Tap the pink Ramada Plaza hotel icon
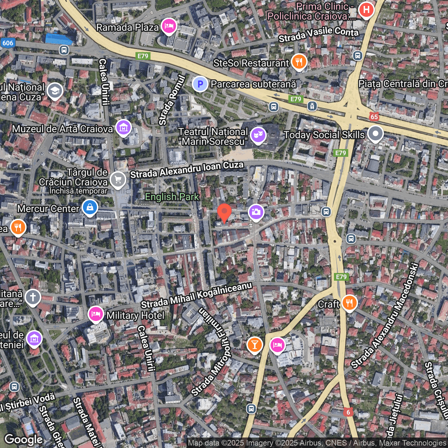(x=169, y=26)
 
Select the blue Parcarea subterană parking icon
(x=200, y=84)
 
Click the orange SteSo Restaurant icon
(x=299, y=62)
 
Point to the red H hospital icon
(x=366, y=10)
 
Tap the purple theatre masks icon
(x=258, y=135)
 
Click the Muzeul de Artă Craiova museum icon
(x=124, y=128)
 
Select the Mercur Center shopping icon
(x=90, y=208)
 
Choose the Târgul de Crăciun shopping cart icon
(x=118, y=180)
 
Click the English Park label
(x=172, y=197)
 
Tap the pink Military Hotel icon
(x=96, y=314)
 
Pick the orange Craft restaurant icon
(x=349, y=303)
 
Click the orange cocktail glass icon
(x=255, y=345)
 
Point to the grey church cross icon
(x=33, y=297)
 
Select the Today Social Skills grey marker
(x=375, y=134)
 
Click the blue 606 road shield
(x=7, y=43)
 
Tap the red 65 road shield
(x=374, y=117)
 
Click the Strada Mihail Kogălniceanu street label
(x=196, y=295)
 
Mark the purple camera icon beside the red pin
(x=256, y=212)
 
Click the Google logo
(x=23, y=439)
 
